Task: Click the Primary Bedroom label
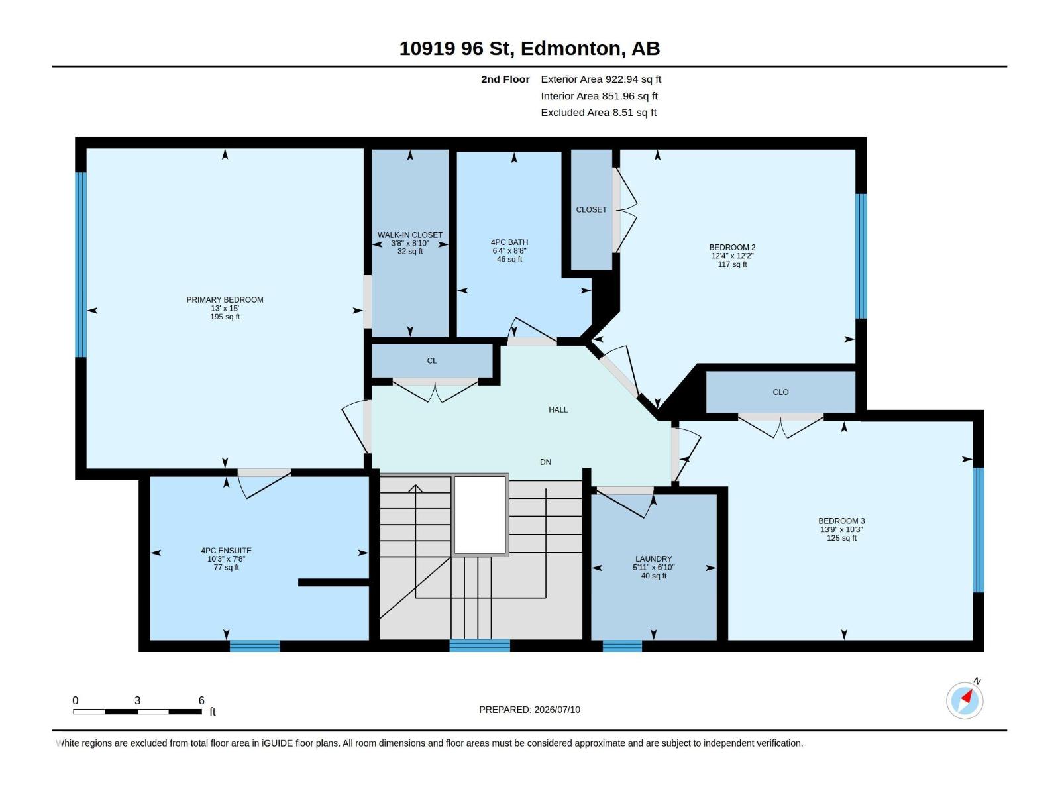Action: (x=225, y=299)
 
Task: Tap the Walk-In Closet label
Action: (x=410, y=235)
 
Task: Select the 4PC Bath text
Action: (x=509, y=242)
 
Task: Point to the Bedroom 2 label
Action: (x=732, y=248)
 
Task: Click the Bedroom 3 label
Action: (x=841, y=521)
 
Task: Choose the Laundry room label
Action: (x=653, y=559)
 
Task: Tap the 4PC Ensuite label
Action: (x=226, y=551)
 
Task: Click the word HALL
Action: (x=558, y=410)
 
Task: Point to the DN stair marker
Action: (x=545, y=462)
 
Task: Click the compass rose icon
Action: (x=965, y=700)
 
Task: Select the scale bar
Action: (x=138, y=711)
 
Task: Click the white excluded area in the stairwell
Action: (x=480, y=515)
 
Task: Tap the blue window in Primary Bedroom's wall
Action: (x=81, y=264)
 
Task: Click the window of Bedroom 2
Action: (x=861, y=256)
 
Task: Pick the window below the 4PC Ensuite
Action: (x=254, y=646)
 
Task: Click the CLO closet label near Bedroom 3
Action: (x=780, y=392)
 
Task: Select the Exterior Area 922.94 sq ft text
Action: (x=601, y=79)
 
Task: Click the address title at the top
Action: (x=529, y=48)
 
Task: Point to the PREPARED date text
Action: (x=530, y=710)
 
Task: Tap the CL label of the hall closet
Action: (x=432, y=360)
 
